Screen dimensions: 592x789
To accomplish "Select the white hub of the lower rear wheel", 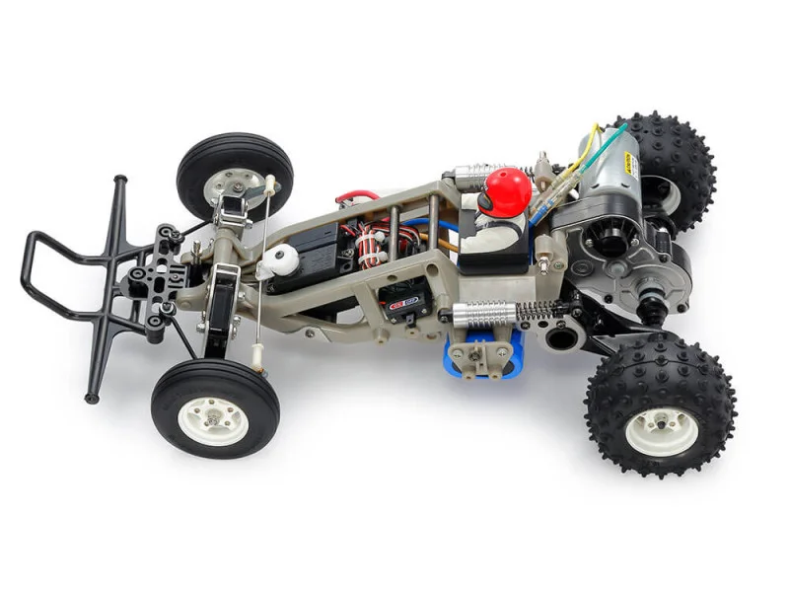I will click(662, 430).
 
